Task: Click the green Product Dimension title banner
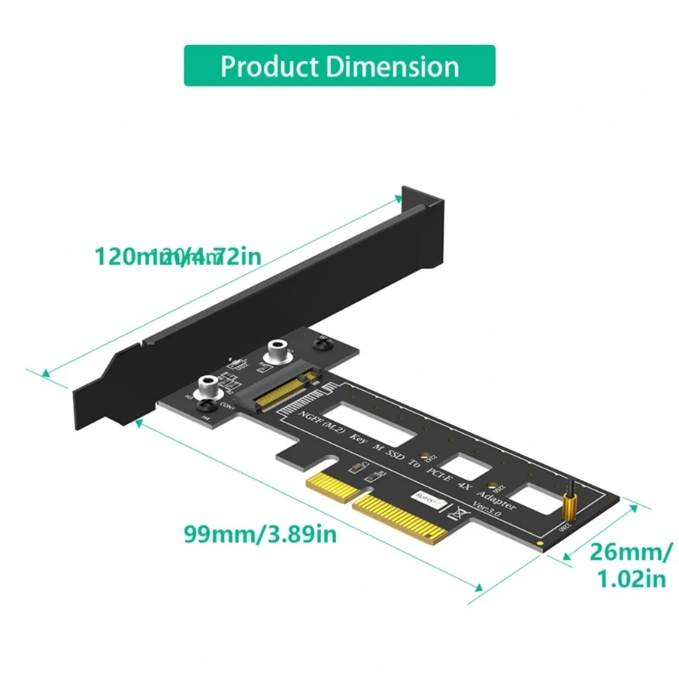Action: point(339,65)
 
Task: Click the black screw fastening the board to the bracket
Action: point(322,343)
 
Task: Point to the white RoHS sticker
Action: point(425,501)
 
